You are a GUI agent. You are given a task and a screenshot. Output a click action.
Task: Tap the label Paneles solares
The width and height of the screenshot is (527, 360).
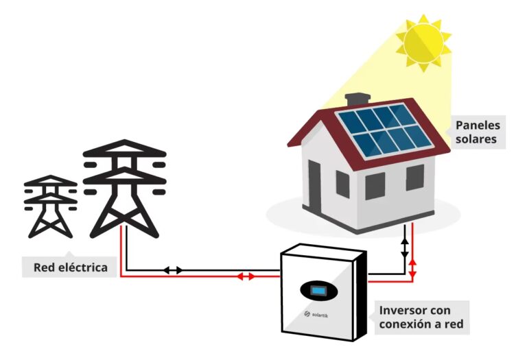point(478,132)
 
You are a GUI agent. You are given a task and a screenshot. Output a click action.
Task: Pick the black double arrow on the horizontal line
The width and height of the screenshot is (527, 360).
point(173,270)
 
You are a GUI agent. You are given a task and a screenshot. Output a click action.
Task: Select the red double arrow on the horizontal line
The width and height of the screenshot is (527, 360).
point(246,276)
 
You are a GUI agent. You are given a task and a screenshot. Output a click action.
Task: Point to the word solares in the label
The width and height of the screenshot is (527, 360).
point(478,140)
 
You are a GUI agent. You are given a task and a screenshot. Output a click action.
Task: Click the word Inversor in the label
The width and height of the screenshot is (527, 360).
point(403,310)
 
